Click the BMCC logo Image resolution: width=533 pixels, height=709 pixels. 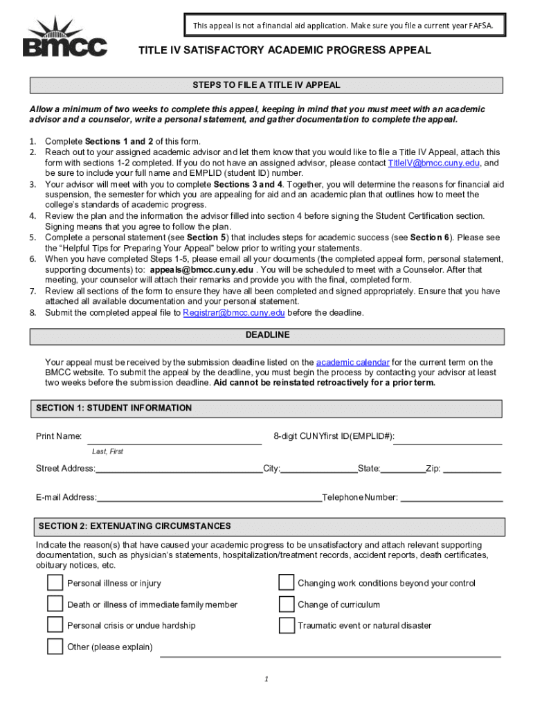[65, 39]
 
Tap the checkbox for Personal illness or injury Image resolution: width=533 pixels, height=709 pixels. [55, 583]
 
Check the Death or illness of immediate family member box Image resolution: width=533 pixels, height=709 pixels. [55, 604]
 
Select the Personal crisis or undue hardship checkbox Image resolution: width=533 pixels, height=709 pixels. [55, 625]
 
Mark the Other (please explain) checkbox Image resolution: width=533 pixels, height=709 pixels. [55, 647]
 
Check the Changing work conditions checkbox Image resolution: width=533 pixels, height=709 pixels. [287, 583]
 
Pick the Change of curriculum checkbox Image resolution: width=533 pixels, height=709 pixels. [287, 604]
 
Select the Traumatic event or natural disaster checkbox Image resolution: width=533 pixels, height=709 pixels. [287, 625]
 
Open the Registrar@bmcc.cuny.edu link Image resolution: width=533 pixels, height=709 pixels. [234, 312]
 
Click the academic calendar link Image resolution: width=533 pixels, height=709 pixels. [352, 362]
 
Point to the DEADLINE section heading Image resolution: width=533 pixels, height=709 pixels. [267, 335]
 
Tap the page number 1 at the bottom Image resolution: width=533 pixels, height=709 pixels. [266, 678]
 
